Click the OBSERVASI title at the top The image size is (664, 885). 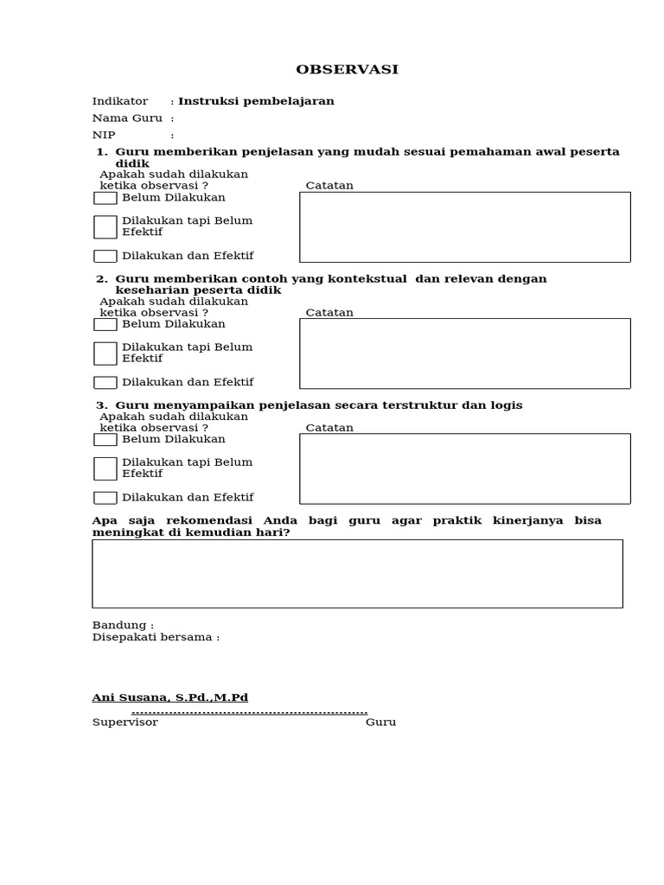(347, 70)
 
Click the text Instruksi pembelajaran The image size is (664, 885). (256, 101)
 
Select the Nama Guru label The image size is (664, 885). (127, 118)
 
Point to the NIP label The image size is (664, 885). (104, 135)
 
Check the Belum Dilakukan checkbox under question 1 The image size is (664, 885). (105, 198)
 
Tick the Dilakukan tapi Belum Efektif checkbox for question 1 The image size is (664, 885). (105, 226)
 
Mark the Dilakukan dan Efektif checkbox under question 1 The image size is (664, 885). (105, 256)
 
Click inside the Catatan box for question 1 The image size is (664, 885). (464, 226)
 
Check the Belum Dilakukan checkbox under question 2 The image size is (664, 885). (105, 324)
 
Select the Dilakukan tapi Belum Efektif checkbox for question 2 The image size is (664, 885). (105, 353)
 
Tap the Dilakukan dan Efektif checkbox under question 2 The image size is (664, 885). (105, 382)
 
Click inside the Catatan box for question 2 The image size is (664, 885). (464, 353)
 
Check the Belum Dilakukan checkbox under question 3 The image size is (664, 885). (105, 439)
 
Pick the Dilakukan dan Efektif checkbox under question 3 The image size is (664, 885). (105, 497)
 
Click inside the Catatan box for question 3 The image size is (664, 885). (464, 468)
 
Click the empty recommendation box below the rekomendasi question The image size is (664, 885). (357, 574)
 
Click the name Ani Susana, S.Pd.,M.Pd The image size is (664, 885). (170, 697)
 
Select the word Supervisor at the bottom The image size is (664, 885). (125, 722)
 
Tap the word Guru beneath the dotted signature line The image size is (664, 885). (380, 722)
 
